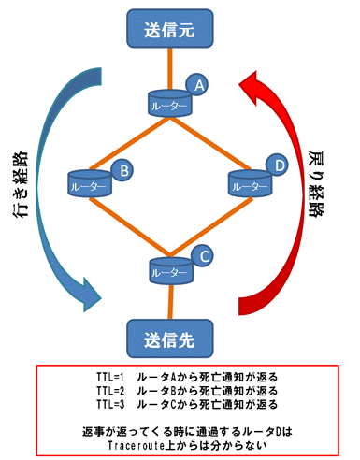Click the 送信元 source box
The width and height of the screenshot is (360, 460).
coord(170,28)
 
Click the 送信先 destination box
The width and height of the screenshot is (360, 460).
coord(170,338)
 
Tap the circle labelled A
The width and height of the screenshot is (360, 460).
coord(197,84)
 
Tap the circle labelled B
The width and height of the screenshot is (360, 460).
coord(122,170)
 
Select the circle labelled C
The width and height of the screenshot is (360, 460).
coord(202,256)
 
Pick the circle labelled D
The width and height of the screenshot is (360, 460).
coord(277,165)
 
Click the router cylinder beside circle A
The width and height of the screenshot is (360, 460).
coord(170,104)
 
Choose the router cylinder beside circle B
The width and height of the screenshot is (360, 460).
coord(90,183)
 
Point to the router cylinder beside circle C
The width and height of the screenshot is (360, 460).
coord(171,270)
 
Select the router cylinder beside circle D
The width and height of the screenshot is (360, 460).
coord(251,183)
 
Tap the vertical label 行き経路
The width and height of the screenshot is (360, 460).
coord(21,184)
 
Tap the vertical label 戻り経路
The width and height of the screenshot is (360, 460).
coord(316,183)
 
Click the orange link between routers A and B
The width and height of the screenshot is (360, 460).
coord(129,143)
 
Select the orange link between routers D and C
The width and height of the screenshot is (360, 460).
coord(211,227)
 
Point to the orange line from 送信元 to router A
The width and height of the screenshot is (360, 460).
coord(169,69)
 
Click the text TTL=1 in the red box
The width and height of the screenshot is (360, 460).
coord(110,377)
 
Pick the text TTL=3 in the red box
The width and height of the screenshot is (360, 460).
coord(110,404)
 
